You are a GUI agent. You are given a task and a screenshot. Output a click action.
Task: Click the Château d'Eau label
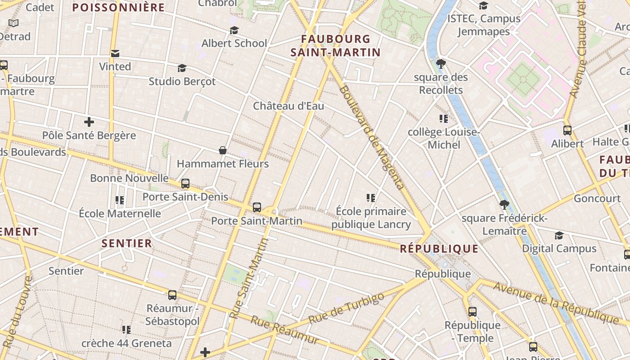coord(288,106)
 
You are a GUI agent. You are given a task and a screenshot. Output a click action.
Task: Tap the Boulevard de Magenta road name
coord(371,137)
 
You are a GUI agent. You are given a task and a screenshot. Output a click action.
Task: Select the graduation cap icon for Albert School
coord(234,31)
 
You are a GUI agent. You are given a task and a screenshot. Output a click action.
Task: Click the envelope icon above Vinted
coord(115,54)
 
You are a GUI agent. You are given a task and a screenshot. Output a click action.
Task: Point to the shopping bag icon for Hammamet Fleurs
coord(222,150)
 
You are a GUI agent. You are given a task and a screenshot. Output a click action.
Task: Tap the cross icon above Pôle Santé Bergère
coord(89,121)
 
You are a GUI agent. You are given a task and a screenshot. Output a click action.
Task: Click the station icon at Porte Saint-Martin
coord(257,207)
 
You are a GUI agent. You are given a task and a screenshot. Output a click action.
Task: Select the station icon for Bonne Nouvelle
coord(185,184)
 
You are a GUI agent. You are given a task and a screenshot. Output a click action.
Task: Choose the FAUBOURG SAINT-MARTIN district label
coord(336,46)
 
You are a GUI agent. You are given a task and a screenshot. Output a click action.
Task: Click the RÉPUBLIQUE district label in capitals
coord(439,249)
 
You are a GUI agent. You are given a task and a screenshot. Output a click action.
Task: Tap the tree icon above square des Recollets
coord(441,64)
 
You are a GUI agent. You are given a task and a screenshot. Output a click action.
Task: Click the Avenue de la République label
coord(556,303)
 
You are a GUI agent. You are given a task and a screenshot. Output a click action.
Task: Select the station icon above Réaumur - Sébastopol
coord(172,295)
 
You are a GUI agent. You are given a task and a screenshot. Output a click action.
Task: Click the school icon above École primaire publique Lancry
coord(371,198)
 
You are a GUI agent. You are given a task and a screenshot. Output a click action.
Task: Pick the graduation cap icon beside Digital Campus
coord(559,235)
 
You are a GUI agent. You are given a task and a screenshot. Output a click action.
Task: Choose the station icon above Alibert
coord(567,130)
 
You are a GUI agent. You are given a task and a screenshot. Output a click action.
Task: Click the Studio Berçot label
coord(182,81)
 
